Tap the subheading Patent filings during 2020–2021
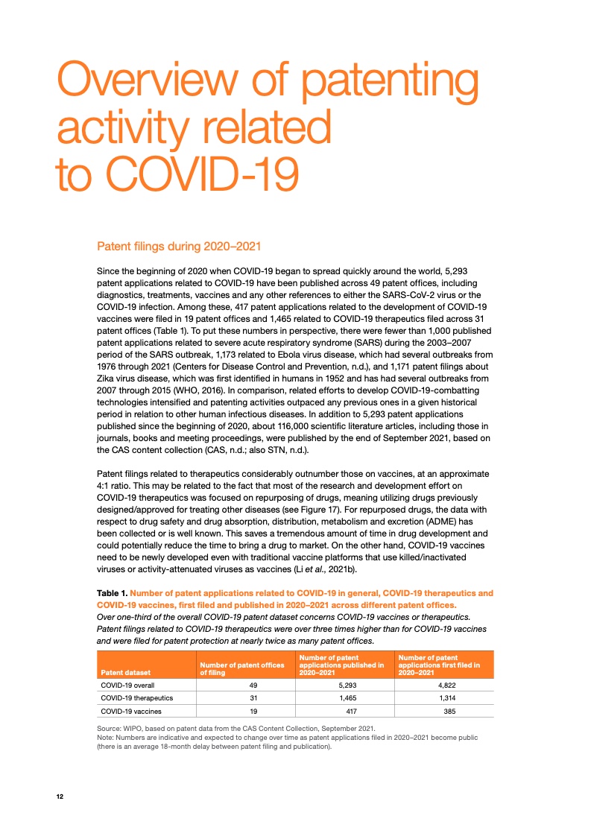180,246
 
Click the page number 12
60,797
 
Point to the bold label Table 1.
113,593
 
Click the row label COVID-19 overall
127,685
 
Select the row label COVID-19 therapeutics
137,698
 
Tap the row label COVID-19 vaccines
131,712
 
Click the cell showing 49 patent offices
242,685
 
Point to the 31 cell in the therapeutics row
242,698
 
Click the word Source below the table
110,728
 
